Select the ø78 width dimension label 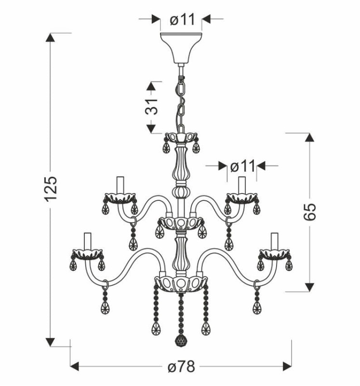click(182, 367)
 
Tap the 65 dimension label click(309, 212)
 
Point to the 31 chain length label click(151, 107)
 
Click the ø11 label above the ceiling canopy click(182, 19)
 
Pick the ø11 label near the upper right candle click(242, 166)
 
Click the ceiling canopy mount click(181, 48)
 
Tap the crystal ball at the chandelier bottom click(181, 341)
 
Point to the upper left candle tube click(120, 185)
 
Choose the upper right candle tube click(242, 185)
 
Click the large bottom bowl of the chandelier click(181, 284)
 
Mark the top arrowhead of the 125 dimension click(51, 38)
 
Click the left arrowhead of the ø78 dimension click(75, 366)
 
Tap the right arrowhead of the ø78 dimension click(287, 366)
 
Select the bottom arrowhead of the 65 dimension click(309, 287)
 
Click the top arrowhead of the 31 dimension click(151, 86)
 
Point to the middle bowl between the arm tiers click(181, 223)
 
